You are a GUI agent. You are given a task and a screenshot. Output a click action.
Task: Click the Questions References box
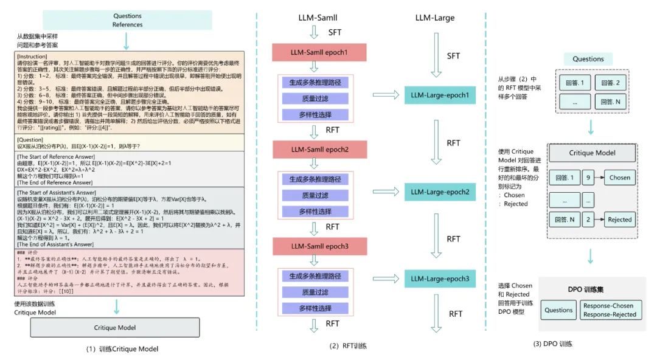127,20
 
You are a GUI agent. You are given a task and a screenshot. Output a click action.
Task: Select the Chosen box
619,178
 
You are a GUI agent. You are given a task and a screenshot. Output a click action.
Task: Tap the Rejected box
619,220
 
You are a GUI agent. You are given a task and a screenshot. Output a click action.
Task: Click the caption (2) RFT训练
349,345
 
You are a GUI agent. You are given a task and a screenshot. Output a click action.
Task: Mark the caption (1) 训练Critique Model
123,349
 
